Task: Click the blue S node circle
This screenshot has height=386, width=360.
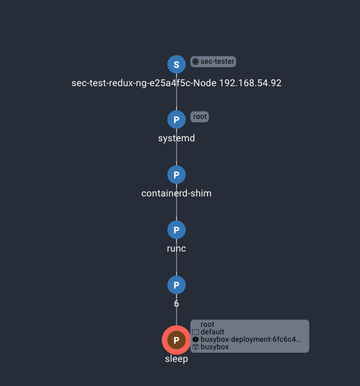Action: click(177, 64)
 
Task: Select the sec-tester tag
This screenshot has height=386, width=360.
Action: click(213, 61)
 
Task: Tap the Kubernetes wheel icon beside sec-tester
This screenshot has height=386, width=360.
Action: click(196, 61)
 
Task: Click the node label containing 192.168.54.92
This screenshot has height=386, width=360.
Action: click(177, 83)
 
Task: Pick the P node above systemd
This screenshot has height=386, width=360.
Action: click(177, 119)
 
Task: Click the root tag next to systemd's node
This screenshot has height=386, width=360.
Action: click(200, 117)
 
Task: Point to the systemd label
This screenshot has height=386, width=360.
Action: click(177, 138)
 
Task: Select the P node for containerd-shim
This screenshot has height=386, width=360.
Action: click(177, 175)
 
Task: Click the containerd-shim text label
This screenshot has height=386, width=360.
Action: click(177, 193)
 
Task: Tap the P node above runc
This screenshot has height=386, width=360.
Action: click(177, 230)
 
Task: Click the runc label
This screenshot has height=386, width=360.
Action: click(177, 248)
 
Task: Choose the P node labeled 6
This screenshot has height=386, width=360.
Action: click(177, 285)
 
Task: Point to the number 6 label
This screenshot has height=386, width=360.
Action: click(177, 303)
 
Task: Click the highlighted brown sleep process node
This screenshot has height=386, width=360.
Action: click(177, 340)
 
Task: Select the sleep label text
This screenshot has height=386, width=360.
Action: click(177, 358)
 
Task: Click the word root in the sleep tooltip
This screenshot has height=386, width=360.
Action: click(208, 325)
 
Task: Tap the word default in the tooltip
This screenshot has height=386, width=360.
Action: click(212, 332)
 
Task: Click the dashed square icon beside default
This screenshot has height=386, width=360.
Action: click(196, 332)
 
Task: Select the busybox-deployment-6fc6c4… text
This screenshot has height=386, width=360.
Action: click(251, 339)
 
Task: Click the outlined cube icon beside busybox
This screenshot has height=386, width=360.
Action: click(196, 347)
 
